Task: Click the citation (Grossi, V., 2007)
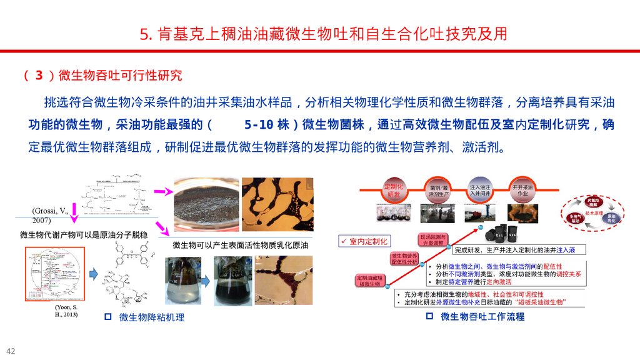tap(50, 216)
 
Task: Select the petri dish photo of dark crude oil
tap(206, 205)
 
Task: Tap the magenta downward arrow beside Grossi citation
tap(74, 216)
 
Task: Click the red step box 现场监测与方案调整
tap(432, 240)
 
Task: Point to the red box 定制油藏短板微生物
tap(369, 281)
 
